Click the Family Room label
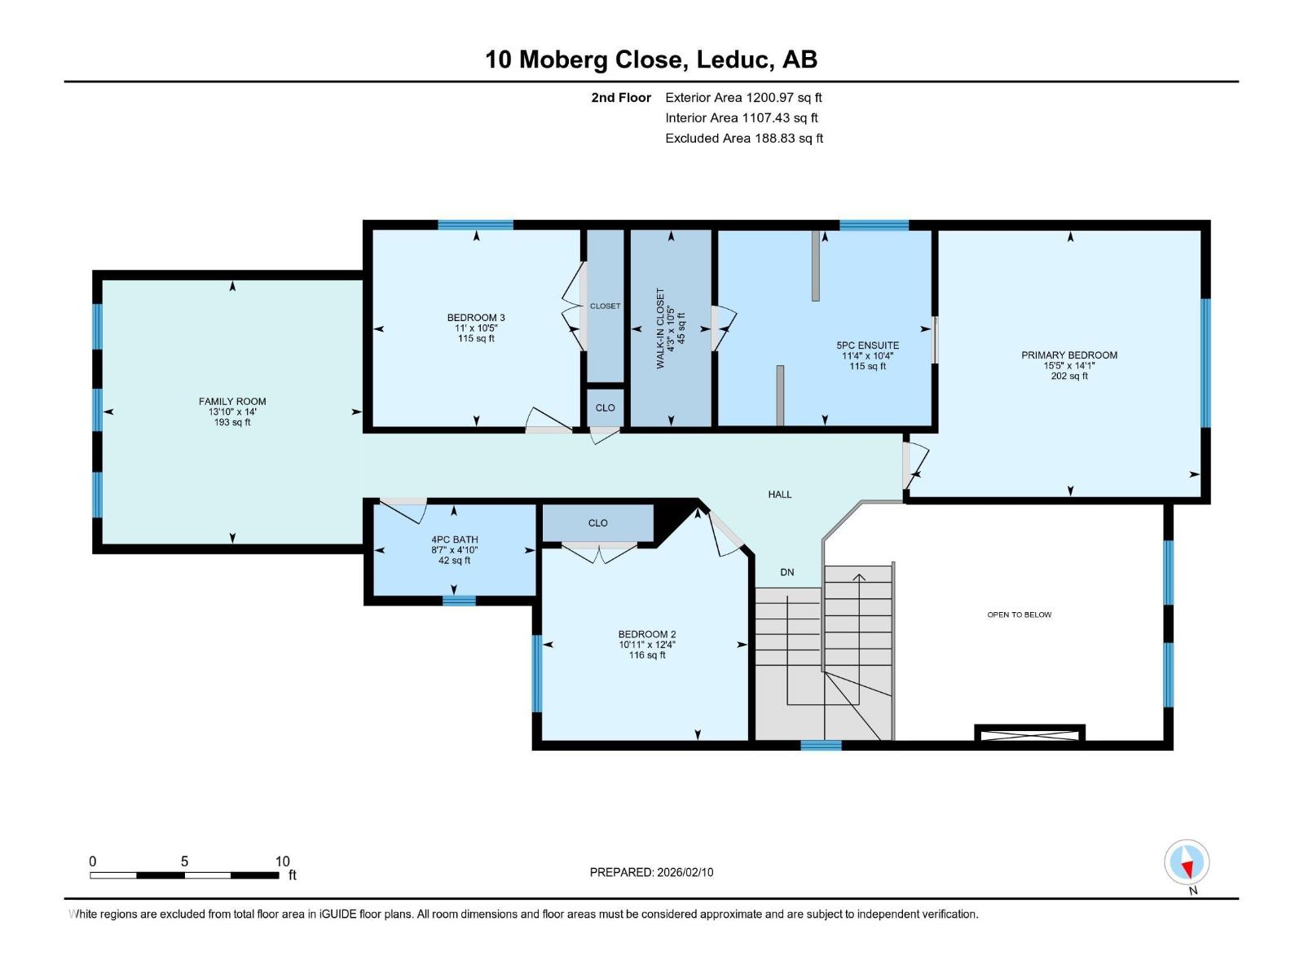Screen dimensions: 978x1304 232,401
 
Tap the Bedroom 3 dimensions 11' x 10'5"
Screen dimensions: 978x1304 476,328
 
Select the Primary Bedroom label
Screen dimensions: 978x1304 1069,355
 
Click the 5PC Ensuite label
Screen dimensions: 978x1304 867,345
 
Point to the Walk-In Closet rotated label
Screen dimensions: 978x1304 661,328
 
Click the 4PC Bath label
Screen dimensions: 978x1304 455,540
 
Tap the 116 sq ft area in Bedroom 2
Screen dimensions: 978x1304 647,654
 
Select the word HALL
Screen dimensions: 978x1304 779,494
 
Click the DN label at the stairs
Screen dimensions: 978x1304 786,572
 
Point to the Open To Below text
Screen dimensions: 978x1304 1019,615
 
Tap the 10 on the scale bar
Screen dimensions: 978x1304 282,861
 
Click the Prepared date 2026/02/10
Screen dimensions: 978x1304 651,872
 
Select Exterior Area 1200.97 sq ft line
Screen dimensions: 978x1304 743,97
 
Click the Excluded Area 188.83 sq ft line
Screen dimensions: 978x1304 743,138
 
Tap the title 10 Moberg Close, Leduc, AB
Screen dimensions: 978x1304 651,59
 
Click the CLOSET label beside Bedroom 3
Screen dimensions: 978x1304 605,306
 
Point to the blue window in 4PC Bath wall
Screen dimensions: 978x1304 459,601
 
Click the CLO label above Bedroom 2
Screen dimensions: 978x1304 597,523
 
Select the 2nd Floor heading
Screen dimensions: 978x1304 621,97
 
